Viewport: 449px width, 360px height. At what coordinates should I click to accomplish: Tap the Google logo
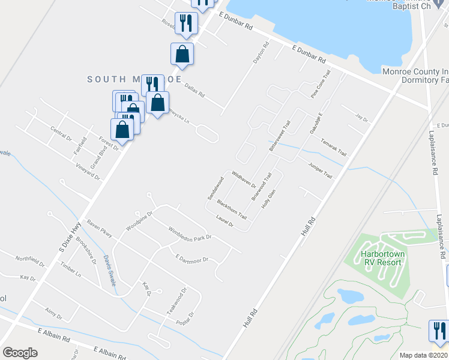[20, 353]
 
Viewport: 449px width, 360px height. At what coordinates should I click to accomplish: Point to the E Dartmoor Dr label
[191, 259]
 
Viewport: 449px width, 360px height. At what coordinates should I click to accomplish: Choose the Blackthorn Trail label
[232, 209]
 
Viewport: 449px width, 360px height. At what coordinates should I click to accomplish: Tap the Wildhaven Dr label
[244, 177]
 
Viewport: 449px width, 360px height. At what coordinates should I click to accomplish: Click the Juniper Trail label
[320, 170]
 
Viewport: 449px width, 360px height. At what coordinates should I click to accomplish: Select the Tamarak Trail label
[334, 148]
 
